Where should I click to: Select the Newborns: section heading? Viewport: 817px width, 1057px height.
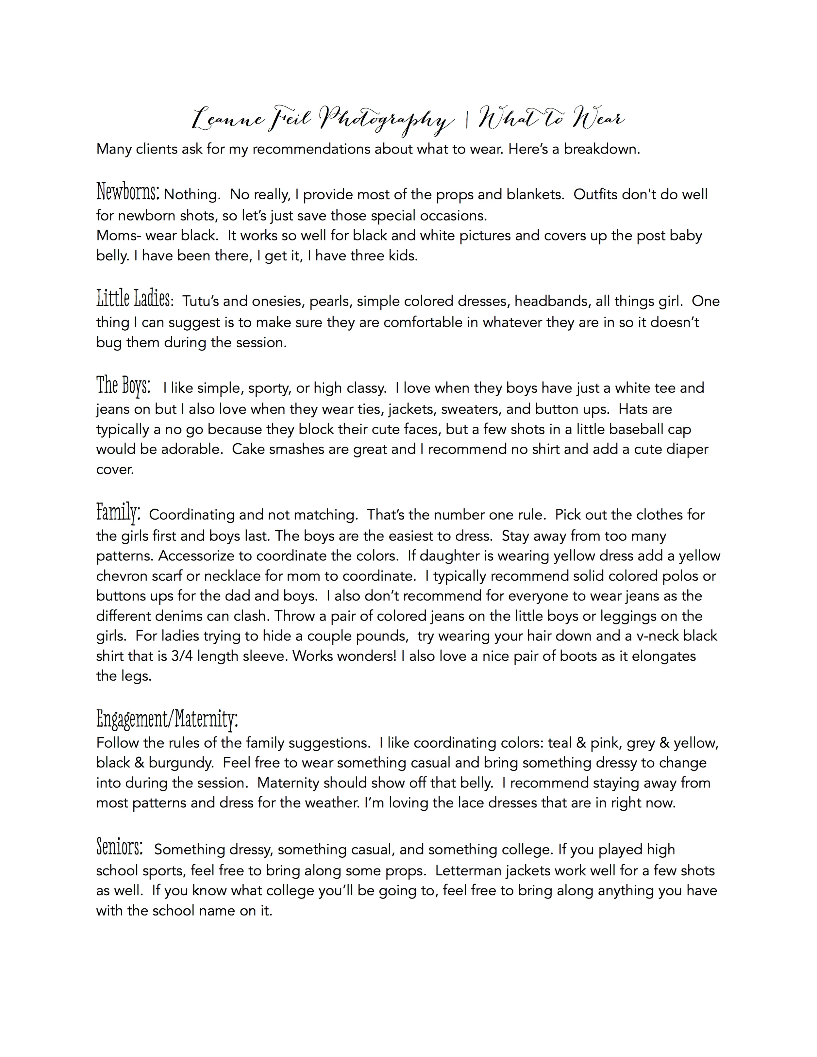click(128, 192)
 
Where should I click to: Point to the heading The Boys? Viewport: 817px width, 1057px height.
click(124, 385)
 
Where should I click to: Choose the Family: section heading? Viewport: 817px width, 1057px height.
click(119, 512)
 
